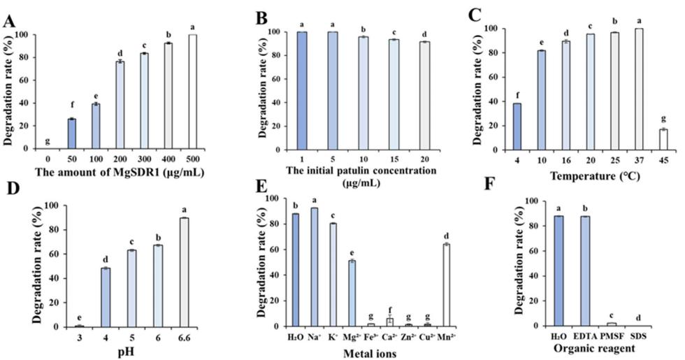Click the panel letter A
pos(10,21)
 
